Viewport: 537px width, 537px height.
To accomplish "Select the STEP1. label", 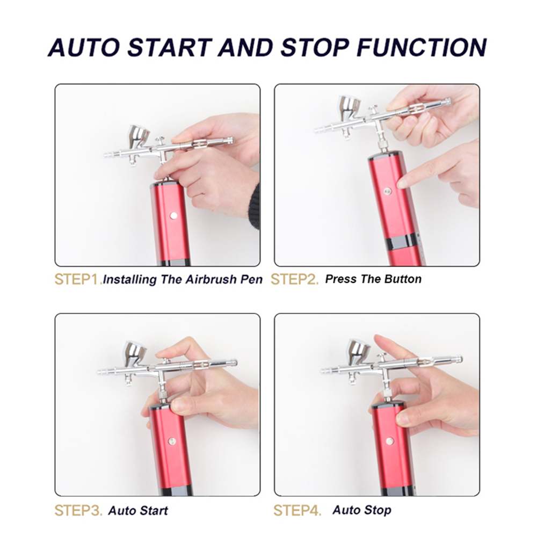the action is [x=78, y=279].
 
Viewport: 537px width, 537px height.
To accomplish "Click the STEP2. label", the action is [x=294, y=279].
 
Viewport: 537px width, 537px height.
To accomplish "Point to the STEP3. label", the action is [x=78, y=511].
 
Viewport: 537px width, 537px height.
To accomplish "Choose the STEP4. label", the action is [x=297, y=511].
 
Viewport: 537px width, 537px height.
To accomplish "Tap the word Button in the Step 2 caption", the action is [x=403, y=279].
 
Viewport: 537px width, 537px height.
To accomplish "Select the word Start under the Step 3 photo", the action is [x=154, y=511].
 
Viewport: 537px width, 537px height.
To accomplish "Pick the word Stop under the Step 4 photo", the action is [x=378, y=510].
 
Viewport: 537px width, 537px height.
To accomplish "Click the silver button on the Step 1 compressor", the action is [x=173, y=215].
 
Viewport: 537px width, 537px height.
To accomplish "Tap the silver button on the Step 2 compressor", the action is [x=388, y=191].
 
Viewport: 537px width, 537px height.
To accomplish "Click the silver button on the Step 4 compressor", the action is [x=389, y=441].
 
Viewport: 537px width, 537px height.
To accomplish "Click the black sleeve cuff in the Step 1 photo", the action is [x=255, y=207].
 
